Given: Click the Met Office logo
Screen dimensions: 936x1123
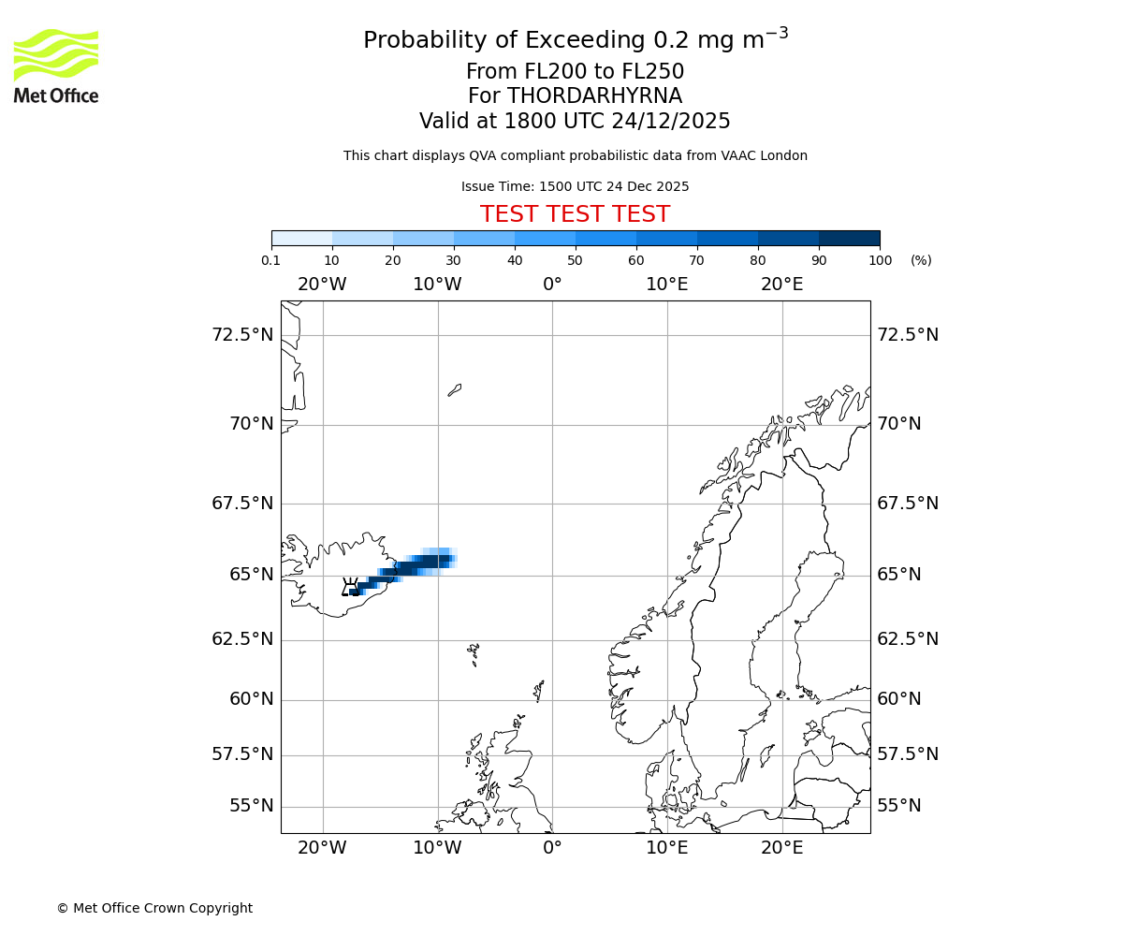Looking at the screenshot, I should click(56, 66).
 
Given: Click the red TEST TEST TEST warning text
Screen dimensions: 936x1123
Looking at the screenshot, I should click(575, 214).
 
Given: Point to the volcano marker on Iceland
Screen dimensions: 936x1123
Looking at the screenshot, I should click(350, 587).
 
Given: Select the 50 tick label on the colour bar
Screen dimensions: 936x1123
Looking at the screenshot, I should click(575, 260).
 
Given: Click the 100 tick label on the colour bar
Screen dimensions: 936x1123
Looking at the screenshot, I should click(880, 260).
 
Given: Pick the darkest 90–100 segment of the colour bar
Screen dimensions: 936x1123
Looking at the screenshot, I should click(849, 238).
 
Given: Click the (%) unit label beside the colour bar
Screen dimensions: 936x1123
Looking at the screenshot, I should click(921, 260).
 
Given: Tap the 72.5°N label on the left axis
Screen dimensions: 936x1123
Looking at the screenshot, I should click(242, 335).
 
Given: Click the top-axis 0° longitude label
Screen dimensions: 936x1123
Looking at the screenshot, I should click(552, 284).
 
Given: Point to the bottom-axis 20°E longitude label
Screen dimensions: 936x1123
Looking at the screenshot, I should click(781, 848).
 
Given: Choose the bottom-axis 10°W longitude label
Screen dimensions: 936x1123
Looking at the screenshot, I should click(437, 848).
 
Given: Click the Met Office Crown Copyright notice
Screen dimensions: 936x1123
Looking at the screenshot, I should click(154, 908).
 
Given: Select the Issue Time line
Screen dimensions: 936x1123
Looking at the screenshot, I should click(575, 186).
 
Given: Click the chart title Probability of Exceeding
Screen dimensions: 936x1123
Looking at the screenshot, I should click(575, 40).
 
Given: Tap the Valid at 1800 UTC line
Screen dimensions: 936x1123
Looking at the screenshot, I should click(575, 121).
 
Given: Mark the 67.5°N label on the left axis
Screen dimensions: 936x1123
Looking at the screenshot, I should click(242, 504).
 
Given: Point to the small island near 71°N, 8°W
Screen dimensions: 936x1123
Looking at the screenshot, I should click(455, 389).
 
